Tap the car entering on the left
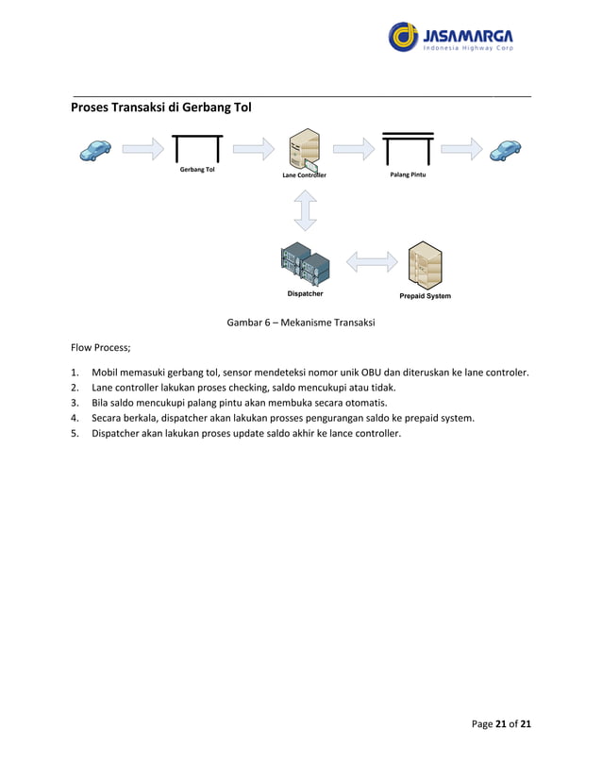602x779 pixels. [95, 149]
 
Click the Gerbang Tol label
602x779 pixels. [197, 170]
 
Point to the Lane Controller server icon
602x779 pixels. [305, 151]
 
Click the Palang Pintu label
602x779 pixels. [408, 174]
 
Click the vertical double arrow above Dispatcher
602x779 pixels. [305, 210]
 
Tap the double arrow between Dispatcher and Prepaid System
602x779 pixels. [372, 260]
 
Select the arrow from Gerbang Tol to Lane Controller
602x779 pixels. [253, 148]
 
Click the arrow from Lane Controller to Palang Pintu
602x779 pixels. [354, 148]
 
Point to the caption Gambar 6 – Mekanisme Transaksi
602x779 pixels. [301, 323]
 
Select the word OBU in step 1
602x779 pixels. [360, 372]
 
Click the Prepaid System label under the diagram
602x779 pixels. [425, 296]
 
